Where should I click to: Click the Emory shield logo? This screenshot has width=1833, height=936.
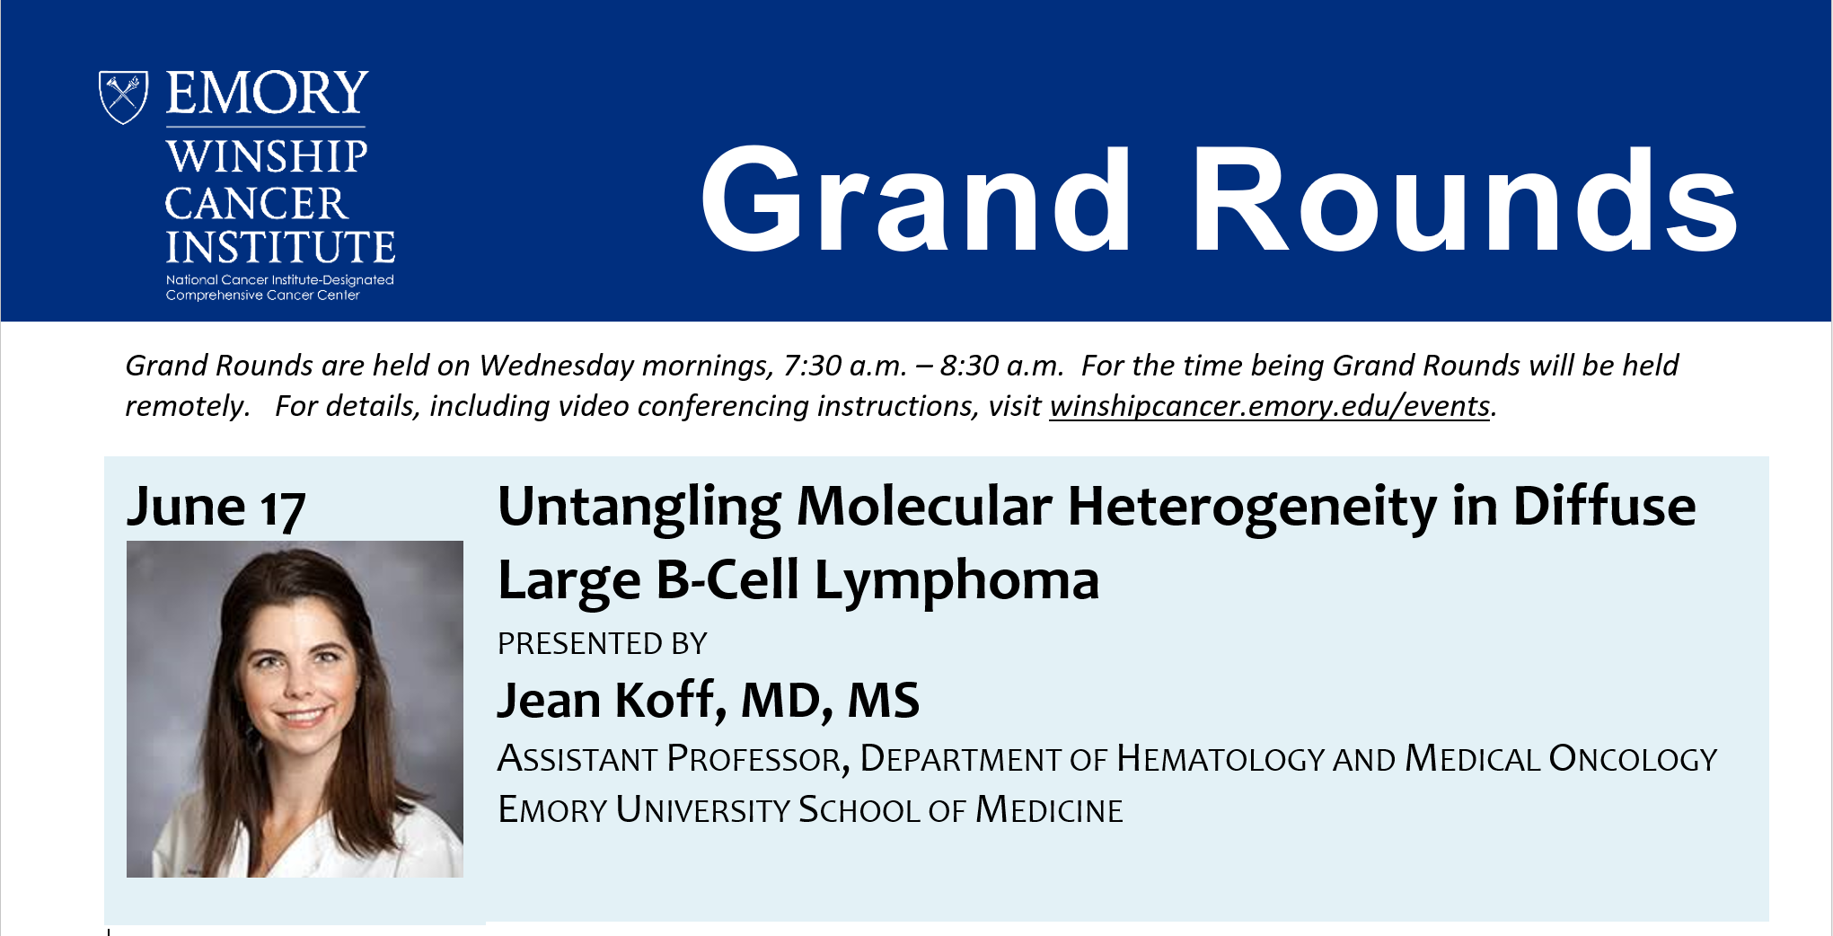tap(123, 97)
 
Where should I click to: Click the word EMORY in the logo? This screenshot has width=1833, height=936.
tap(268, 93)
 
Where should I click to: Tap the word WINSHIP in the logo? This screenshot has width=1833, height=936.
tap(267, 156)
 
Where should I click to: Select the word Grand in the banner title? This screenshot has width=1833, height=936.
tap(915, 199)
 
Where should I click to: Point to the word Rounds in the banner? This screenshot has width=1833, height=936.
tap(1465, 199)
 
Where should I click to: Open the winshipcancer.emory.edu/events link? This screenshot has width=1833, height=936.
tap(1270, 406)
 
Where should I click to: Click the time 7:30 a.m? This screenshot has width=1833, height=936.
tap(844, 366)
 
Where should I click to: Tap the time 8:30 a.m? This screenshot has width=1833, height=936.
tap(1001, 366)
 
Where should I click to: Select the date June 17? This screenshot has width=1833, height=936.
tap(216, 508)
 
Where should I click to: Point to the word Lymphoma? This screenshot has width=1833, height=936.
tap(956, 581)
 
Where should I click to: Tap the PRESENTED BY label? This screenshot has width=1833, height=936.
tap(603, 644)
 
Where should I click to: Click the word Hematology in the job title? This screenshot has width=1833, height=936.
tap(1221, 759)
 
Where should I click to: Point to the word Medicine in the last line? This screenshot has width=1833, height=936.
tap(1049, 810)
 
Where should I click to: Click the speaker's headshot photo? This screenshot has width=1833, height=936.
tap(295, 709)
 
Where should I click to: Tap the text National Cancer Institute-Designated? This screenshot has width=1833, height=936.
tap(280, 280)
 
